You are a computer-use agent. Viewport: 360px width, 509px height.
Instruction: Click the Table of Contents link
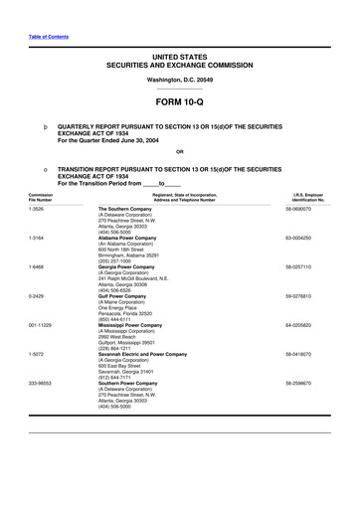pos(43,10)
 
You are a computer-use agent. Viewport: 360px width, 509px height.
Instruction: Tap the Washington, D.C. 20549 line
pos(179,77)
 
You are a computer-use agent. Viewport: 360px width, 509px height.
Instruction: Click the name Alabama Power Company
pos(127,239)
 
